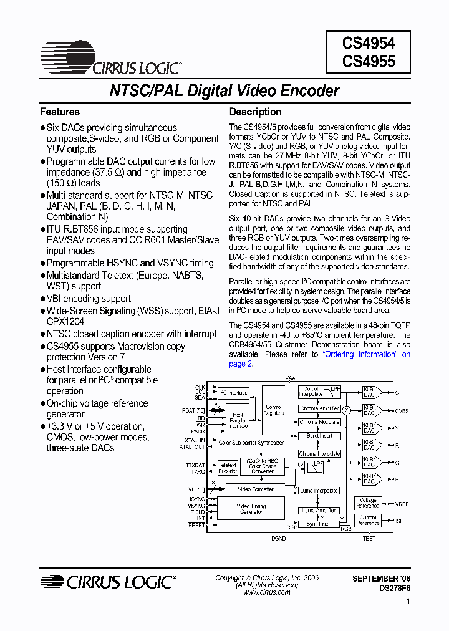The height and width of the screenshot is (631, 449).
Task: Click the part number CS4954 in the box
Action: point(369,43)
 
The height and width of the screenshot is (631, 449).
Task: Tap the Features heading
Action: point(60,112)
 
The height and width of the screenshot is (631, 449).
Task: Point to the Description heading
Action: point(256,112)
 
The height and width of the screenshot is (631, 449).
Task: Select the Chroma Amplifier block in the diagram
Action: point(319,408)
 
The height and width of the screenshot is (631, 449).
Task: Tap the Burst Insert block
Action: point(319,436)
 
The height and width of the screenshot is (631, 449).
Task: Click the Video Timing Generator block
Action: point(251,509)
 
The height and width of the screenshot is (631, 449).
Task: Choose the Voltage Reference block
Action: point(367,503)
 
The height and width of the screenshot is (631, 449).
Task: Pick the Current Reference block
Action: point(367,520)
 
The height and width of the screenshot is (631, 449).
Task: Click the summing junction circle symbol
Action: point(346,410)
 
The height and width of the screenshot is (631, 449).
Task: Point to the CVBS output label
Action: point(402,411)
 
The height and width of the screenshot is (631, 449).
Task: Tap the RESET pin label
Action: point(196,526)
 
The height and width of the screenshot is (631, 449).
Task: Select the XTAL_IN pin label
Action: point(194,440)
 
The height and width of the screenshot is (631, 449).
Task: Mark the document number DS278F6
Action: point(395,588)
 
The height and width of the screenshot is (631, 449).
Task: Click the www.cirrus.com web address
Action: point(267,592)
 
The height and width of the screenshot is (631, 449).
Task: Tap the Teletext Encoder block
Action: point(227,468)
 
